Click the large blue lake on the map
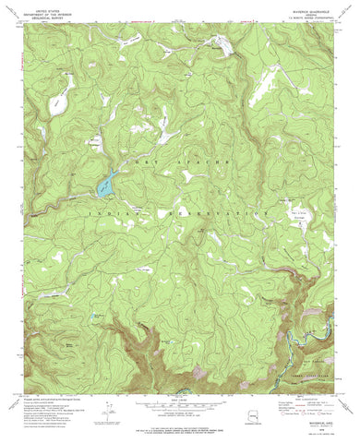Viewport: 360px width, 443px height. (x=104, y=186)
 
